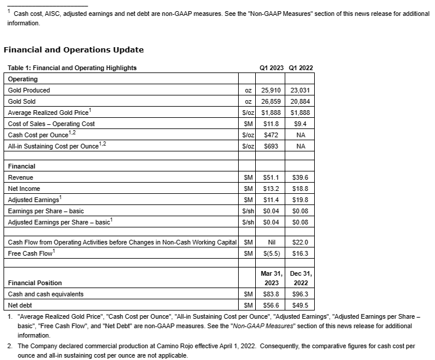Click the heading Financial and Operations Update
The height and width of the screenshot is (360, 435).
tap(74, 49)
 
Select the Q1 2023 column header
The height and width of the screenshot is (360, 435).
tap(271, 68)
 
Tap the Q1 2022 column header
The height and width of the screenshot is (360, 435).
tap(301, 68)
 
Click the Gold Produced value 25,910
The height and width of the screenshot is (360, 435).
tap(271, 90)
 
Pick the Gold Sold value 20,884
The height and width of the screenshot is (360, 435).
tap(300, 101)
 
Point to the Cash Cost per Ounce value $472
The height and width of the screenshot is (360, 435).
tap(271, 135)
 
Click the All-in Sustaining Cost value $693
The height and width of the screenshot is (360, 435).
tap(271, 146)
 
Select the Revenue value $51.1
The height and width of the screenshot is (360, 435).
tap(271, 177)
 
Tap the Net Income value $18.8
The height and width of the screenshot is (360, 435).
tap(300, 188)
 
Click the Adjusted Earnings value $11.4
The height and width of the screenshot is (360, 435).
tap(271, 199)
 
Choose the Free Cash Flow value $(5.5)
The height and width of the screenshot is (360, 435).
tap(271, 253)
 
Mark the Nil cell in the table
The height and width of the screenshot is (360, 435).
tap(271, 242)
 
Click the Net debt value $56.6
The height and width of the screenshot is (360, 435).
tap(271, 305)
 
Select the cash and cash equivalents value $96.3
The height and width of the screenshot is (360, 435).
tap(300, 293)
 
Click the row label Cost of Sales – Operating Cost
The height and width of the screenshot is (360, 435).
tap(51, 124)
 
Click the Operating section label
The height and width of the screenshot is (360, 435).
tap(22, 79)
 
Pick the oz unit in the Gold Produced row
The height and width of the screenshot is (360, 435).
tap(248, 90)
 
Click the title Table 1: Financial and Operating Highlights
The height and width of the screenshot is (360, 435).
tap(72, 68)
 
